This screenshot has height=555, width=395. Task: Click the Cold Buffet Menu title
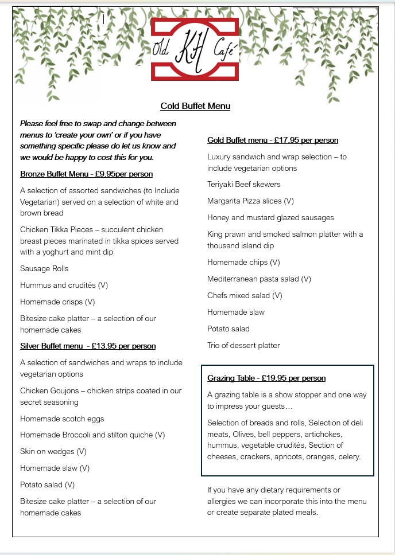pyautogui.click(x=195, y=106)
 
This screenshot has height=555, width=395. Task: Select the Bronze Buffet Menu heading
pyautogui.click(x=86, y=174)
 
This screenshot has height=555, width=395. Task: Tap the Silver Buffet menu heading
pyautogui.click(x=88, y=346)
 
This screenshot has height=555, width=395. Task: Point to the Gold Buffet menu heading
pyautogui.click(x=273, y=140)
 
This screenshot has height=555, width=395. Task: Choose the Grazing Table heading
pyautogui.click(x=266, y=378)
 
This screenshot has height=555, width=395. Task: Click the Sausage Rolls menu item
pyautogui.click(x=44, y=268)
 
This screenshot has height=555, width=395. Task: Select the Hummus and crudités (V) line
pyautogui.click(x=64, y=285)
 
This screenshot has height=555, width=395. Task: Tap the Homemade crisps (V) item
pyautogui.click(x=57, y=302)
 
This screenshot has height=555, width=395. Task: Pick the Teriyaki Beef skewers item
pyautogui.click(x=244, y=184)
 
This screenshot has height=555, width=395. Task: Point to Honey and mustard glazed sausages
pyautogui.click(x=270, y=217)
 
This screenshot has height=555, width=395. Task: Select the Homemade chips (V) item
pyautogui.click(x=243, y=262)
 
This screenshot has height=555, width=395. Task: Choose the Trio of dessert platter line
pyautogui.click(x=243, y=345)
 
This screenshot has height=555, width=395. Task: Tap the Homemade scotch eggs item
pyautogui.click(x=62, y=419)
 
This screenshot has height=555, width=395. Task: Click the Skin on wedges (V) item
pyautogui.click(x=53, y=451)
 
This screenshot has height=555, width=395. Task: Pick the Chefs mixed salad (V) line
pyautogui.click(x=245, y=295)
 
